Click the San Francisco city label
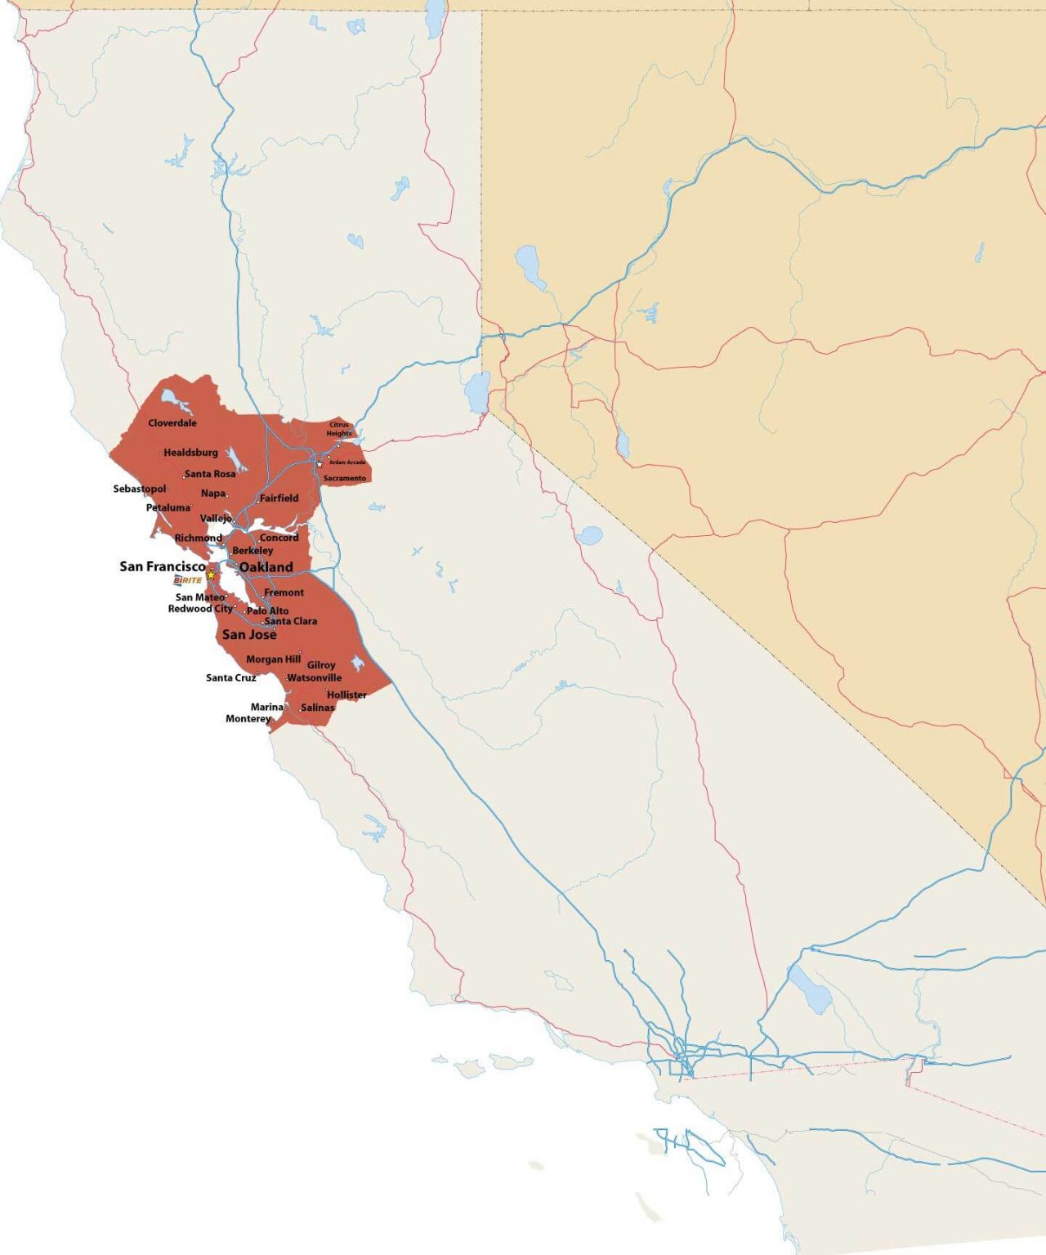[163, 566]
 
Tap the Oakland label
[266, 567]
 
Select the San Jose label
[249, 635]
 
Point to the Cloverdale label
[172, 423]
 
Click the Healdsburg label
[190, 453]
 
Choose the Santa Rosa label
[210, 474]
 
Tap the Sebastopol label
[140, 489]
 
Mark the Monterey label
[248, 719]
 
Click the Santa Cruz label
[230, 678]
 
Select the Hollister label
[346, 695]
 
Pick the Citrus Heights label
[339, 429]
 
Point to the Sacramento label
[345, 478]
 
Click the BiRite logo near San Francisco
[187, 580]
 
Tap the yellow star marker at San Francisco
[211, 575]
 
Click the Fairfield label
[279, 498]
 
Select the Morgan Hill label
[273, 659]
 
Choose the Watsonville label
[315, 678]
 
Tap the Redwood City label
[200, 609]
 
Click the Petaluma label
[168, 508]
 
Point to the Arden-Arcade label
[348, 462]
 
